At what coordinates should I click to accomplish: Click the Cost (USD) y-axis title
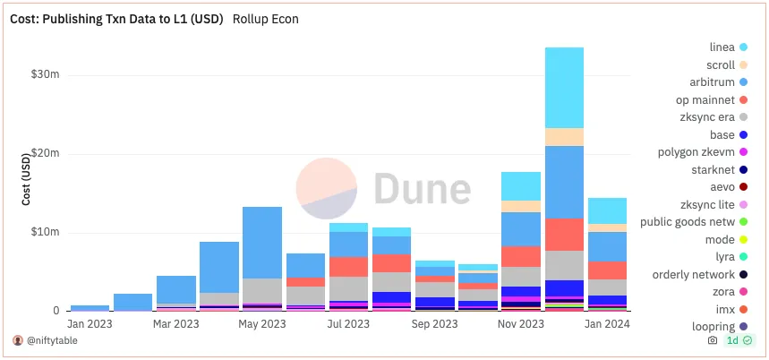pos(27,178)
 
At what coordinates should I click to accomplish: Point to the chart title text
pos(117,18)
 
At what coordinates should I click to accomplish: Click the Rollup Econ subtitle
pos(266,18)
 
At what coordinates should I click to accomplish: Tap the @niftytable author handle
pos(56,340)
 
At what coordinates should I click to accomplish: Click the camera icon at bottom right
pos(712,341)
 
